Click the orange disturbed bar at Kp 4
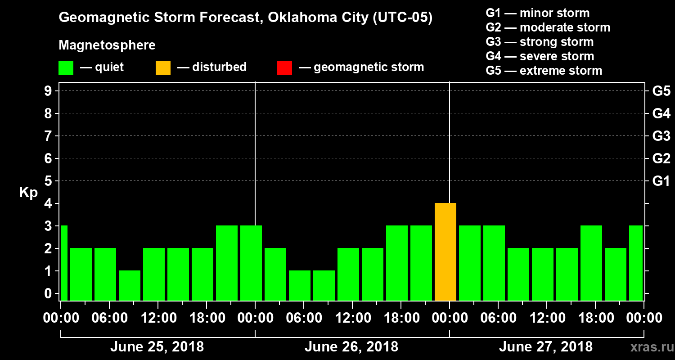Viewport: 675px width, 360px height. click(x=445, y=252)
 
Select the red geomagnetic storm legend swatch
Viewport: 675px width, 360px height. click(x=284, y=68)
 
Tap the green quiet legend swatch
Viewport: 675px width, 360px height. click(x=66, y=68)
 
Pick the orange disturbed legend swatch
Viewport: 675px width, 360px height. click(x=163, y=68)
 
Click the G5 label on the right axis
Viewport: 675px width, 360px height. click(x=661, y=91)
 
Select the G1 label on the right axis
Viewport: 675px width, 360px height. click(x=661, y=181)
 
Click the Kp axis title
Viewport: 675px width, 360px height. click(x=28, y=193)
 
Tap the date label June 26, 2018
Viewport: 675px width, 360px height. click(x=351, y=347)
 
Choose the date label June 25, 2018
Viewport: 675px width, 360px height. click(x=157, y=347)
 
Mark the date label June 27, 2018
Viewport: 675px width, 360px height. click(x=545, y=347)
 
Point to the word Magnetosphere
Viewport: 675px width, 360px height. click(x=107, y=45)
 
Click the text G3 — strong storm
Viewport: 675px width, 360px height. click(x=540, y=42)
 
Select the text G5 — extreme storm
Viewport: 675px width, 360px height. click(x=544, y=71)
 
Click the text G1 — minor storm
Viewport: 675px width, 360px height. click(x=537, y=13)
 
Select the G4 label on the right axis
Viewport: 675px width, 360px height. click(x=661, y=114)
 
